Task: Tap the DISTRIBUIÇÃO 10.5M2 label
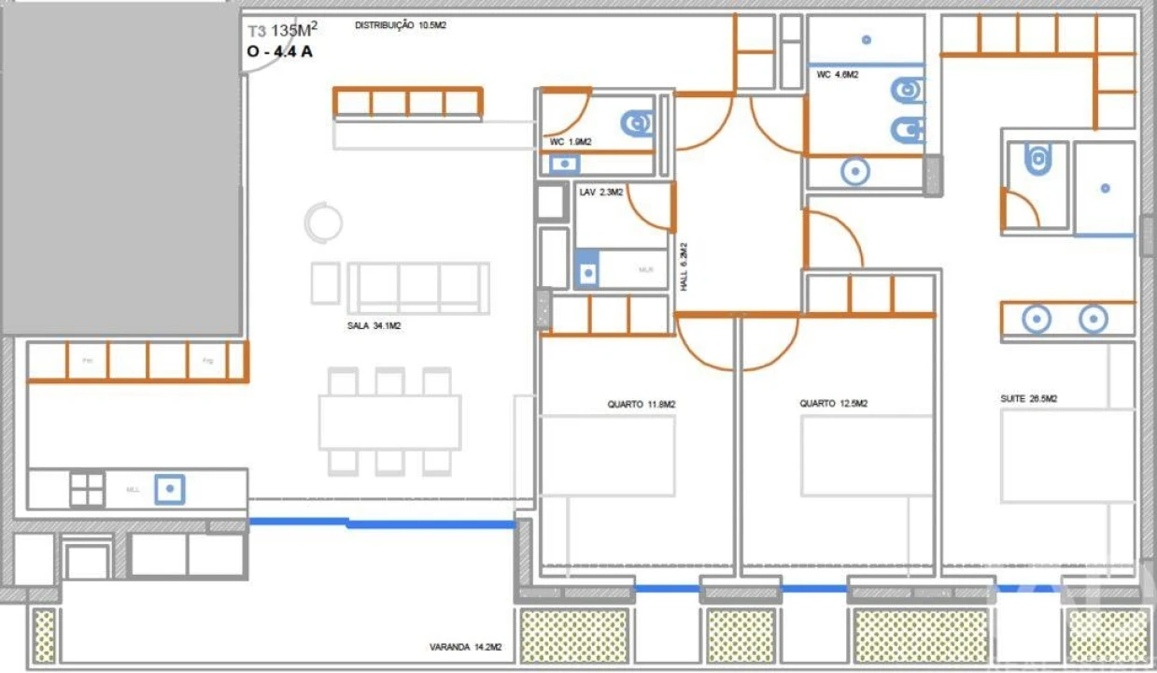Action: click(x=400, y=26)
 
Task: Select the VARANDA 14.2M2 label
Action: click(x=465, y=647)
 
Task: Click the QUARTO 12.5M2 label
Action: click(x=833, y=404)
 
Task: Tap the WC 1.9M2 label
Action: click(x=571, y=142)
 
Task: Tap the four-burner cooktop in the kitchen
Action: click(x=87, y=489)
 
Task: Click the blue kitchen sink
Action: click(x=169, y=488)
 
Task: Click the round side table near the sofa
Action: click(x=323, y=222)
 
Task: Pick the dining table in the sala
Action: click(x=389, y=422)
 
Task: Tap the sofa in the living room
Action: click(x=417, y=288)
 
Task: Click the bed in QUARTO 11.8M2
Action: click(x=608, y=455)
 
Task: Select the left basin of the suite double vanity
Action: click(x=1036, y=320)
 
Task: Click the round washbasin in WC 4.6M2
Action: click(x=854, y=172)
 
